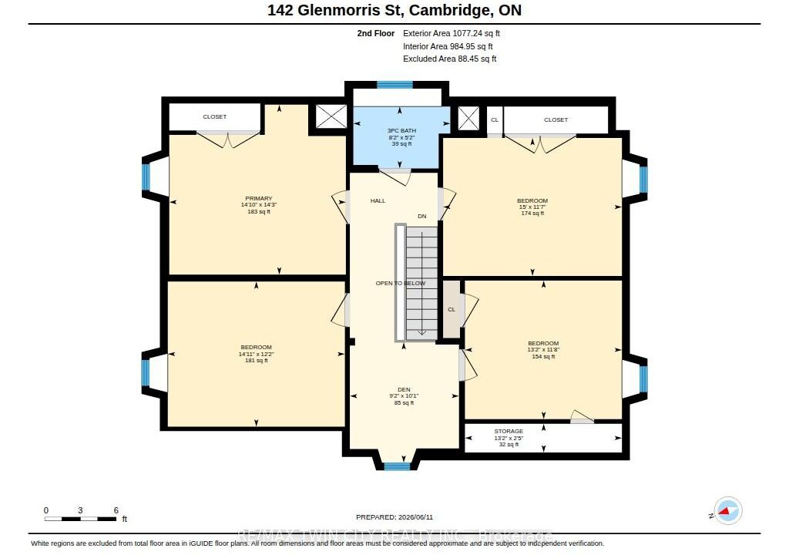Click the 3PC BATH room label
point(401,130)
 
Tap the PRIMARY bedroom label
point(259,198)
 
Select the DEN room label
point(404,389)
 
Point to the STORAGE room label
point(509,431)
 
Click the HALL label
point(378,200)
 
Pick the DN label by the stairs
point(421,216)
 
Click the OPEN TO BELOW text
point(401,283)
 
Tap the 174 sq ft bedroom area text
point(532,213)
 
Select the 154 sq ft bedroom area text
point(543,357)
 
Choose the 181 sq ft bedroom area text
point(256,360)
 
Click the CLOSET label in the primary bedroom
point(215,116)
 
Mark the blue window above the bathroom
point(395,85)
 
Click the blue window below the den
point(397,466)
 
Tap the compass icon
point(727,511)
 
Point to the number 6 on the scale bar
point(116,510)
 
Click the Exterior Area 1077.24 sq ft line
point(452,33)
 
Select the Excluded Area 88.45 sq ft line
point(450,59)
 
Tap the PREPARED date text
point(394,516)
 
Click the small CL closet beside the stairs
point(452,309)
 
